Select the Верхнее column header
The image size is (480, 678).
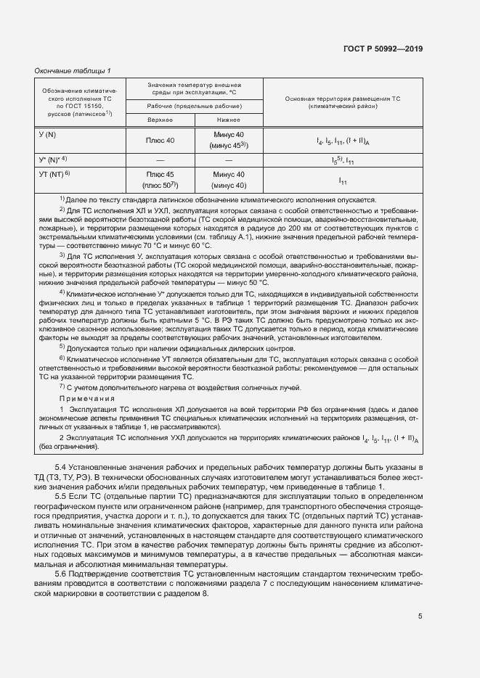(x=160, y=120)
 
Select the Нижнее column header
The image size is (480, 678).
(x=228, y=120)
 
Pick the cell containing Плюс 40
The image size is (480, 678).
(x=160, y=140)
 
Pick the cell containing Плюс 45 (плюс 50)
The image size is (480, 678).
(x=160, y=180)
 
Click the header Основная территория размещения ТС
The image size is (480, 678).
(x=342, y=102)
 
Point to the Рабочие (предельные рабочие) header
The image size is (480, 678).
(x=194, y=106)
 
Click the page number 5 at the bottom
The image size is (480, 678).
(x=420, y=616)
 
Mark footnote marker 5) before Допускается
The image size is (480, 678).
(x=62, y=347)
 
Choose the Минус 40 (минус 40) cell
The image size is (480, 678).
(x=229, y=180)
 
